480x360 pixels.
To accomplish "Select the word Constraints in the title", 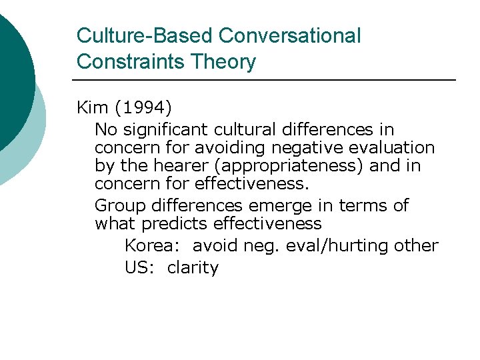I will click(x=130, y=62).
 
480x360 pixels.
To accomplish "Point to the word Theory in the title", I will click(x=223, y=62).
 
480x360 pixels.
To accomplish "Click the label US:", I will click(x=139, y=267).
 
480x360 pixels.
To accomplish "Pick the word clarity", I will click(x=193, y=267).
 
